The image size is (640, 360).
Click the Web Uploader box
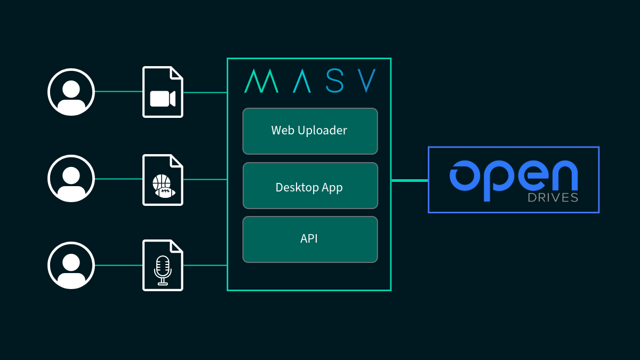coord(310,131)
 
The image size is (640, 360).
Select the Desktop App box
coord(310,186)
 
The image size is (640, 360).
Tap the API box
coord(310,239)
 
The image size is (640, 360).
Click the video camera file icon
coord(163,92)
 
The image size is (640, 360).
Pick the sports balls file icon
coord(163,180)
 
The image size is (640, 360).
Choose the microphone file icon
coord(163,266)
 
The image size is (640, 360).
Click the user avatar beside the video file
coord(71,92)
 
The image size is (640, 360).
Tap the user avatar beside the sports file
coord(71,179)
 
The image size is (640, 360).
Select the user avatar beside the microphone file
coord(71,265)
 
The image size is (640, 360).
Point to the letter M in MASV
coord(261,81)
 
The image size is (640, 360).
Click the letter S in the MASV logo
coord(334,81)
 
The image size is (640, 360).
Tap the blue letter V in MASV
coord(367,81)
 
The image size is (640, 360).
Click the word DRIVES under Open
coord(553,198)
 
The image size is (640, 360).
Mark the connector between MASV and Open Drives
coord(410,180)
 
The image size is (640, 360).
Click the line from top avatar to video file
coord(118,92)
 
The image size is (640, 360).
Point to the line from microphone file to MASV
coord(205,265)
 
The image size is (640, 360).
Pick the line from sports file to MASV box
coord(205,179)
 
